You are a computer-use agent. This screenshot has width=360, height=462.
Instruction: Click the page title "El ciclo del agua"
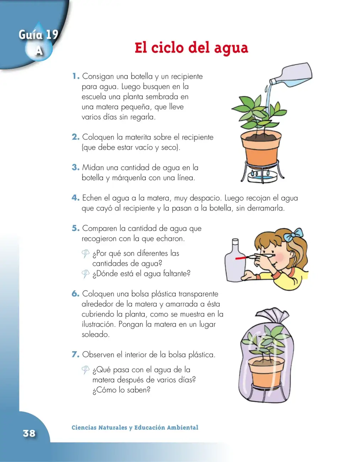191,48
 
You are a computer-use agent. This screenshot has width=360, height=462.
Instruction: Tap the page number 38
29,433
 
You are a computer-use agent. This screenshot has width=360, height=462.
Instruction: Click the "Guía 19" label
38,34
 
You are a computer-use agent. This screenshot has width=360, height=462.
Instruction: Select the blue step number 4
75,198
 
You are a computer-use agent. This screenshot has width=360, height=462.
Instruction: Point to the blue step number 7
75,354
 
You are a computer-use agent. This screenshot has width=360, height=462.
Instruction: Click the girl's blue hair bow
293,235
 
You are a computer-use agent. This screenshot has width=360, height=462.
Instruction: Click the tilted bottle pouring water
291,75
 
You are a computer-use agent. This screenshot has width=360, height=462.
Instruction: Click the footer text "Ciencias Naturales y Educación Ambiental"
135,427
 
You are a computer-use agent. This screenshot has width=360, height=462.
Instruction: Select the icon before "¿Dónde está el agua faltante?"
85,274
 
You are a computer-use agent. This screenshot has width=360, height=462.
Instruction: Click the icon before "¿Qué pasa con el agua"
85,370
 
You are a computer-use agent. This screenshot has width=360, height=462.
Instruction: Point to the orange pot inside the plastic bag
266,371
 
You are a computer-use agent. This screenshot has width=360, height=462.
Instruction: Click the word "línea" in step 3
186,177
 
